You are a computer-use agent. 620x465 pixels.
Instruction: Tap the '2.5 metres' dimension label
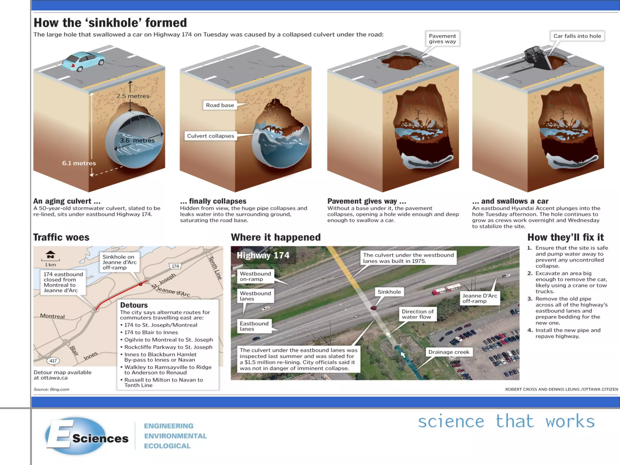[133, 96]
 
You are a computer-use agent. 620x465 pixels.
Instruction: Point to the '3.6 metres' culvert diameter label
[137, 140]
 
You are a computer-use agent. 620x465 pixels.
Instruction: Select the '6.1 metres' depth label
[79, 163]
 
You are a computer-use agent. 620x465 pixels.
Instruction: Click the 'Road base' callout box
[220, 105]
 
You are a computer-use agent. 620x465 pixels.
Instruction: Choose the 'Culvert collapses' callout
[210, 136]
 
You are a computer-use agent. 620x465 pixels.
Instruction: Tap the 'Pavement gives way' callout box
[442, 39]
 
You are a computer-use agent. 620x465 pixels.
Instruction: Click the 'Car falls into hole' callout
[577, 36]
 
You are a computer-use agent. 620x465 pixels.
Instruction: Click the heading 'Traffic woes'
[61, 237]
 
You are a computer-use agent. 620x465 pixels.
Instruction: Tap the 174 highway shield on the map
[175, 266]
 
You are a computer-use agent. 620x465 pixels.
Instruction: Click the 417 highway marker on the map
[53, 361]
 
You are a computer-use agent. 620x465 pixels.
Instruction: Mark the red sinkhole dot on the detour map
[140, 284]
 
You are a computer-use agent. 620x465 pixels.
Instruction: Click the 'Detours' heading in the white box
[134, 305]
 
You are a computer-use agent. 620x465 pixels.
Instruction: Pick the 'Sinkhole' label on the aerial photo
[389, 292]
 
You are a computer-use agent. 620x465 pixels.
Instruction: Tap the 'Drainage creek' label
[449, 352]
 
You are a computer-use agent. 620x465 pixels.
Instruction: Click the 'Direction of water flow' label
[417, 314]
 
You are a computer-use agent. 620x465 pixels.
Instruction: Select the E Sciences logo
[87, 436]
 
